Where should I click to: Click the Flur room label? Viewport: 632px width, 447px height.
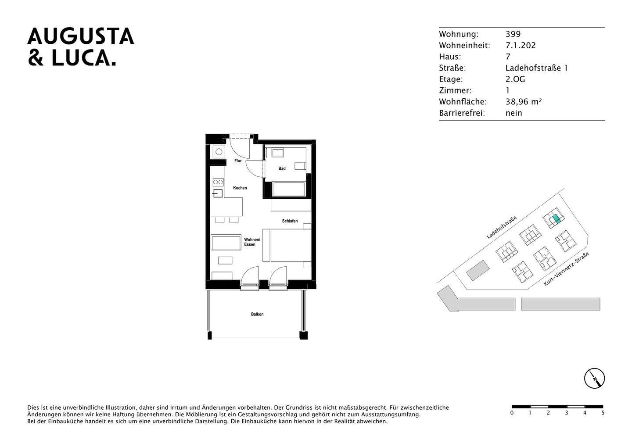[x=238, y=161]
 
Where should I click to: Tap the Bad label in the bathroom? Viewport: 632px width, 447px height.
[x=282, y=168]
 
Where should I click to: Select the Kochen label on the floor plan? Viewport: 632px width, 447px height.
[x=240, y=188]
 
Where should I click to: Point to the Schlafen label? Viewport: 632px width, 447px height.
[x=290, y=221]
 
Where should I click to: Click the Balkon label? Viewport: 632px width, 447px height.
[x=257, y=315]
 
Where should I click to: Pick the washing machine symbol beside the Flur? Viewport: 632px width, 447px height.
[x=218, y=152]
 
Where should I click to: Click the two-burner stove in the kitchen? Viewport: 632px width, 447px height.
[x=218, y=182]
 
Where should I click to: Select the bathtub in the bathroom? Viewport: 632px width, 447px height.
[x=289, y=190]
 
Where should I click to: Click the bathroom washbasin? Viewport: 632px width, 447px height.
[x=278, y=153]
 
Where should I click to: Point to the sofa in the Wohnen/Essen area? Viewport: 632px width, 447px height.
[x=226, y=243]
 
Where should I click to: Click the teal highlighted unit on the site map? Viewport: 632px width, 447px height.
[x=556, y=218]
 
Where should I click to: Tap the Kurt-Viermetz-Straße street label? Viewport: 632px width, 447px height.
[x=566, y=269]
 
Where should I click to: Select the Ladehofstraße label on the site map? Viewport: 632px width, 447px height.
[x=501, y=227]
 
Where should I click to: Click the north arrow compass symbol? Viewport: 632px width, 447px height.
[x=594, y=378]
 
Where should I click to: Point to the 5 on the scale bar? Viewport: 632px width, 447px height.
[x=603, y=413]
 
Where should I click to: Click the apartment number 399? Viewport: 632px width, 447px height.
[x=513, y=34]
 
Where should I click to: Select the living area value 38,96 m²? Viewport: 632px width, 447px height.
[x=523, y=102]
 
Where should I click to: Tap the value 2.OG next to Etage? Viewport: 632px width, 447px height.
[x=515, y=79]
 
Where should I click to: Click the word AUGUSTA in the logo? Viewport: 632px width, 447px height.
[x=81, y=36]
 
